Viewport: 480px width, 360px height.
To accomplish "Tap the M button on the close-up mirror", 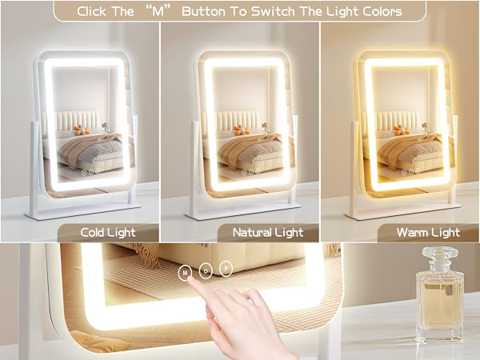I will [186, 271].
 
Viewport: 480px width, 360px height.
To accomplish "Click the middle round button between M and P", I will [206, 270].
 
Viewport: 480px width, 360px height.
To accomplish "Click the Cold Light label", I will [107, 233].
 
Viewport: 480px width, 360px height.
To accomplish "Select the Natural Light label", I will [267, 233].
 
